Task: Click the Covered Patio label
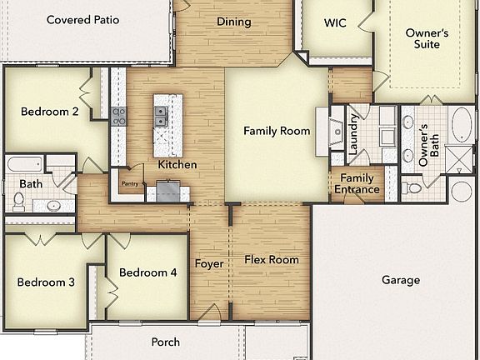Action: point(82,19)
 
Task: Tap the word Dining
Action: point(233,22)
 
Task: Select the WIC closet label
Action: point(335,22)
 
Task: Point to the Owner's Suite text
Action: point(427,38)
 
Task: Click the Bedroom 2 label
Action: point(50,112)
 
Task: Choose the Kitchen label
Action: point(177,164)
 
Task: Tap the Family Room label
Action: point(277,131)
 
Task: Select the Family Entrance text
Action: point(357,183)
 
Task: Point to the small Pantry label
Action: point(129,183)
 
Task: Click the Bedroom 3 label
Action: point(46,282)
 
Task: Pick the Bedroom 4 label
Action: point(147,272)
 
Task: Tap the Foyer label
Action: point(209,264)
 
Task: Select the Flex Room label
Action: point(271,260)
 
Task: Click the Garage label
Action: point(401,280)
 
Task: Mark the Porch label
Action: point(165,342)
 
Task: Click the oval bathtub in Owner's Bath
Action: point(460,124)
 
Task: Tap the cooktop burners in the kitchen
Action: point(119,116)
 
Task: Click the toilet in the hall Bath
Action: point(18,201)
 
